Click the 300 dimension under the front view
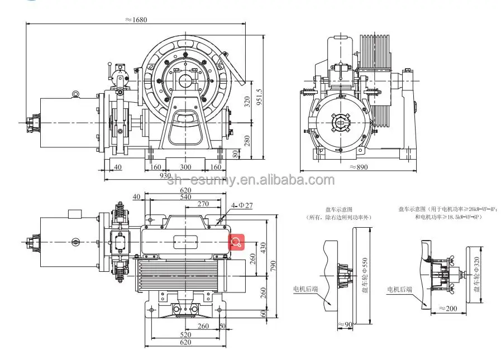tap(185, 166)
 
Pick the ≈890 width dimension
tap(360, 166)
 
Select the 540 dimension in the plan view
tap(185, 197)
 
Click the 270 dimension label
tap(203, 204)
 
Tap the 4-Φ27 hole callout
tap(241, 205)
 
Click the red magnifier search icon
tap(237, 242)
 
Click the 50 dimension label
tap(223, 326)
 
